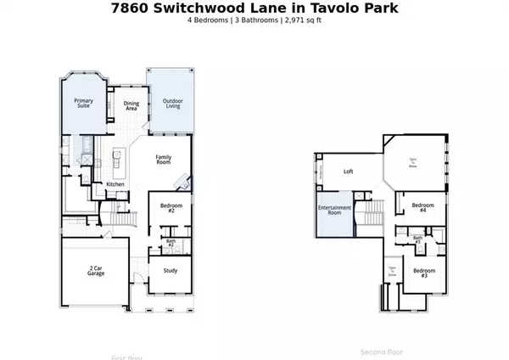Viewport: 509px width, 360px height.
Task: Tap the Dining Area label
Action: pyautogui.click(x=131, y=105)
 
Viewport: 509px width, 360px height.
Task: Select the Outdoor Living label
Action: pyautogui.click(x=174, y=104)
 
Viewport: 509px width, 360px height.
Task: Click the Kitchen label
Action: pyautogui.click(x=115, y=184)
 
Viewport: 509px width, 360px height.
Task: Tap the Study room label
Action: pyautogui.click(x=170, y=272)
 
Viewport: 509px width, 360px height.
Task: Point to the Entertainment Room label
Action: pyautogui.click(x=328, y=211)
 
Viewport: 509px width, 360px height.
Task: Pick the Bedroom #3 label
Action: pyautogui.click(x=423, y=273)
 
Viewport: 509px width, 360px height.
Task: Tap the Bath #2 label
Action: pyautogui.click(x=171, y=244)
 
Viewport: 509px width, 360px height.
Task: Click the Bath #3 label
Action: pyautogui.click(x=417, y=240)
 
